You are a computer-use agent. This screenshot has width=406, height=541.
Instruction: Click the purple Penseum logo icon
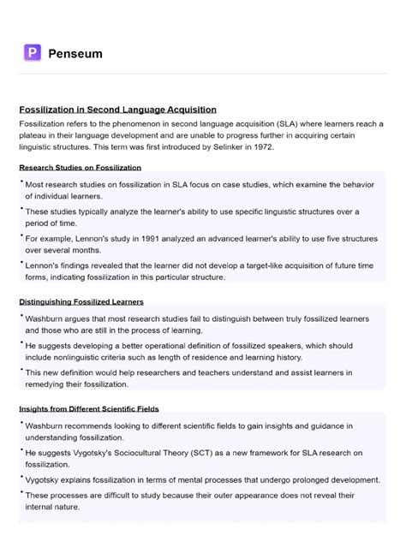(x=33, y=53)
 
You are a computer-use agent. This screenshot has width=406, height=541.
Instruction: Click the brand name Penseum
(x=75, y=54)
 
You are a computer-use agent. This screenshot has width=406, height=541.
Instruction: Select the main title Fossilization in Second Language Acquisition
(x=117, y=110)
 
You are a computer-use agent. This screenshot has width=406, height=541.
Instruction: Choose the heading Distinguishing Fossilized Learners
(x=81, y=302)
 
